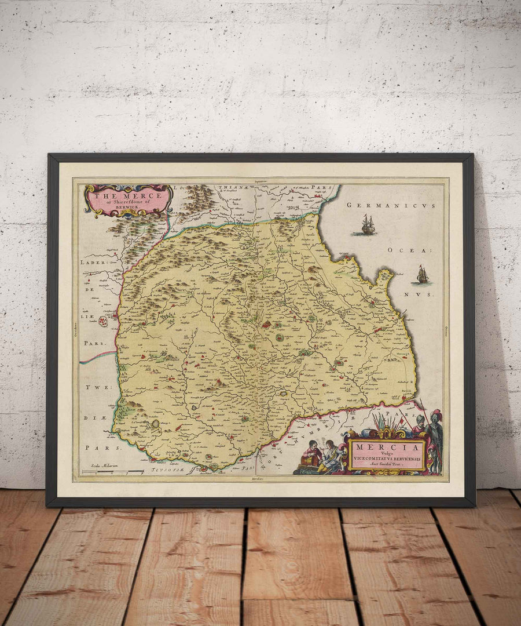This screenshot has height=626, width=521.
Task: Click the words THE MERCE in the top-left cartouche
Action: pyautogui.click(x=126, y=195)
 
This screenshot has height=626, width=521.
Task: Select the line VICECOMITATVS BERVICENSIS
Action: pyautogui.click(x=387, y=461)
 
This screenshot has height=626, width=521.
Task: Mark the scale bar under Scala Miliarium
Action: pyautogui.click(x=113, y=472)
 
